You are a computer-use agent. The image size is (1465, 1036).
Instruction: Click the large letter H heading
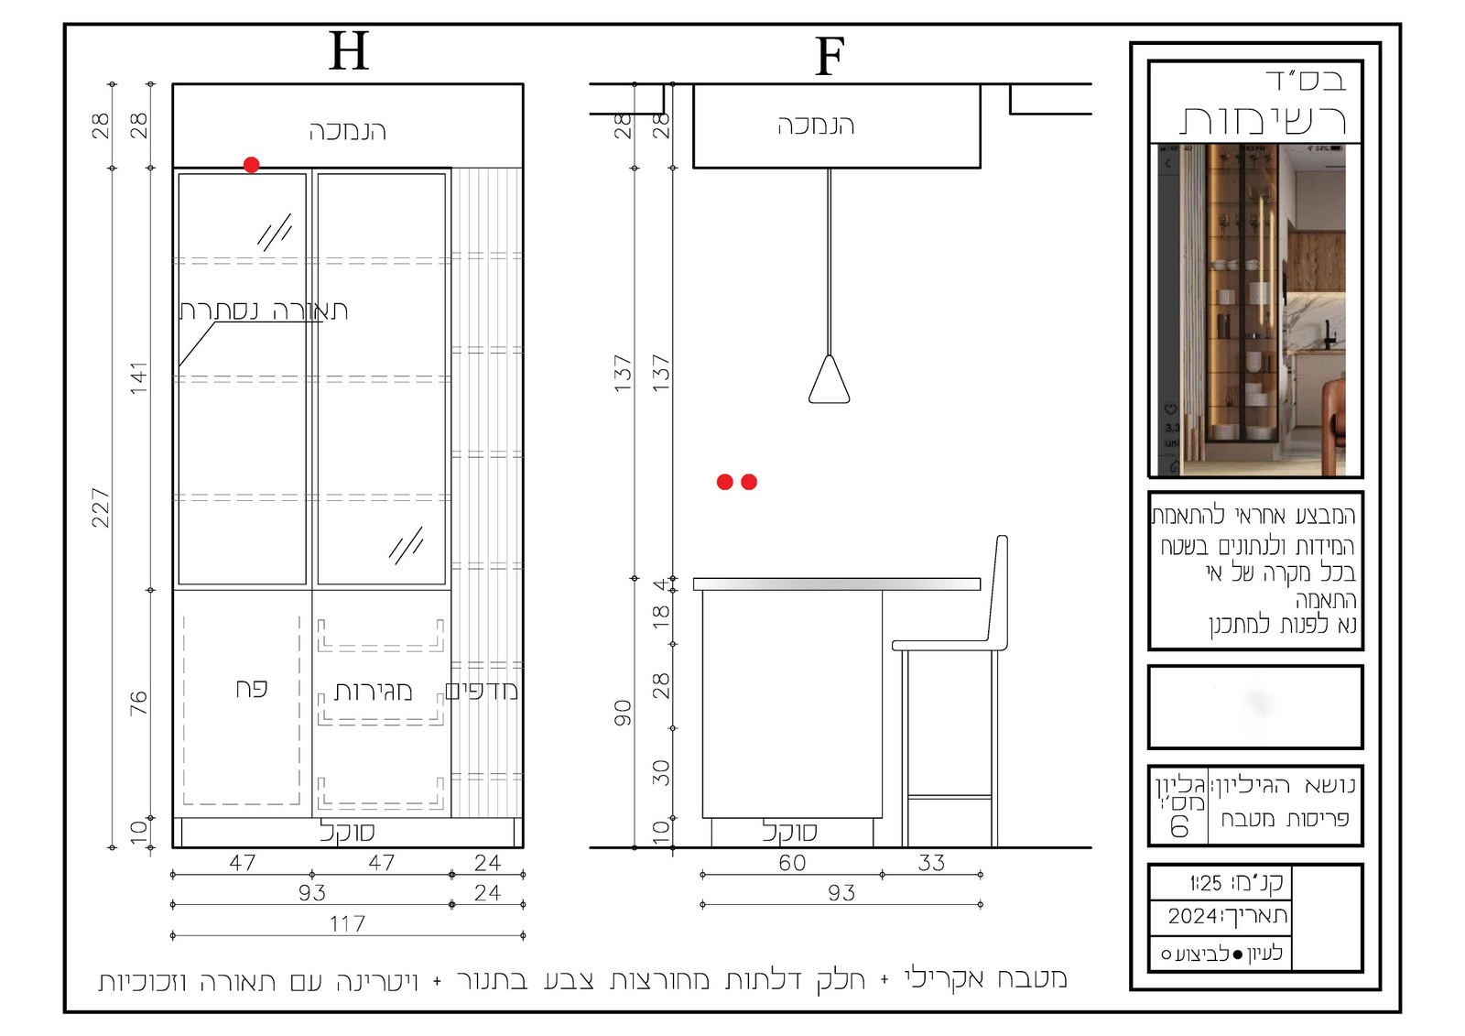(x=349, y=51)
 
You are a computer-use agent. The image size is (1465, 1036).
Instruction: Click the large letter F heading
(x=830, y=57)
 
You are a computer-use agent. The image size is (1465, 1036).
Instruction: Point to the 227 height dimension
(x=100, y=507)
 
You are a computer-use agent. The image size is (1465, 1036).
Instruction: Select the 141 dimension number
(x=138, y=378)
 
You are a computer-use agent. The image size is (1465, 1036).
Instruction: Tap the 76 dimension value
(x=138, y=703)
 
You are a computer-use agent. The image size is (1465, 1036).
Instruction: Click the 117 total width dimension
(x=347, y=923)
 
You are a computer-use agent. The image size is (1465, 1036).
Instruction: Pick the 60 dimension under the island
(x=792, y=863)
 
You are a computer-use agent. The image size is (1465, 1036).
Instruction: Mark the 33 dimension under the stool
(x=931, y=863)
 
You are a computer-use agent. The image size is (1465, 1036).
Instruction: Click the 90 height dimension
(x=624, y=713)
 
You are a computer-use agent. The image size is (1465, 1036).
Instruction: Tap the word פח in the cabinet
(x=252, y=689)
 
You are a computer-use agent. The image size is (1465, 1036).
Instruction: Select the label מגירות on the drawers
(x=373, y=691)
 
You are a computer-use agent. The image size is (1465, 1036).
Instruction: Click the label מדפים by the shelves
(x=482, y=691)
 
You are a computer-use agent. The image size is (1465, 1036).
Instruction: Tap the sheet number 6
(x=1178, y=827)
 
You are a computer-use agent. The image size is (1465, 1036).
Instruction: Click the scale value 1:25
(x=1206, y=884)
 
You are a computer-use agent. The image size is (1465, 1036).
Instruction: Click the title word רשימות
(x=1263, y=120)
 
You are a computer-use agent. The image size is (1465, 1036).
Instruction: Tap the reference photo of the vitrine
(x=1252, y=310)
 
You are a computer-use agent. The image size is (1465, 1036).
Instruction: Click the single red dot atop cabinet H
(x=251, y=164)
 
